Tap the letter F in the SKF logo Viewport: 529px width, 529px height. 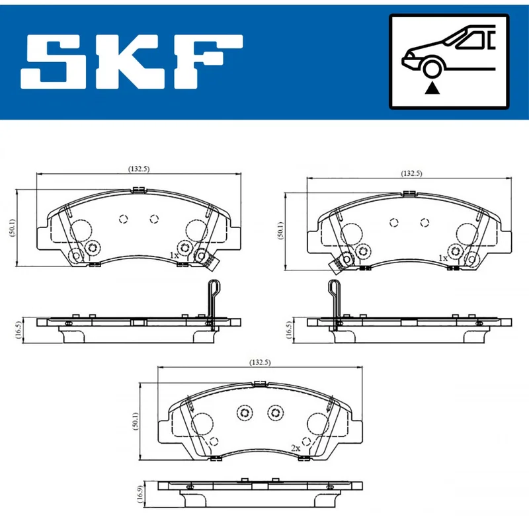(208, 61)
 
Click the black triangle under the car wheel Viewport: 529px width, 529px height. (432, 89)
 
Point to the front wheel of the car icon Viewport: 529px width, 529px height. (432, 69)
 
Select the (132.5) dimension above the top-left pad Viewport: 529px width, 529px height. (139, 169)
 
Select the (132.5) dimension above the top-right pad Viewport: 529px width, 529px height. (411, 173)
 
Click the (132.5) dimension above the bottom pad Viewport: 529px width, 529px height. (260, 362)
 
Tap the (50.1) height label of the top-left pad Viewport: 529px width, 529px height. (13, 227)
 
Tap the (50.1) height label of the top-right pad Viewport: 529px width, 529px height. (280, 230)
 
